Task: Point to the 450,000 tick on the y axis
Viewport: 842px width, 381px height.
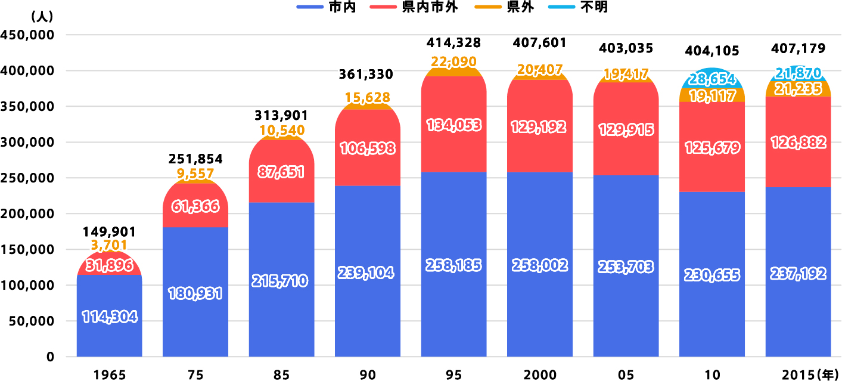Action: tap(29, 35)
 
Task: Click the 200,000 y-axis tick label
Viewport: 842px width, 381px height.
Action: tap(29, 213)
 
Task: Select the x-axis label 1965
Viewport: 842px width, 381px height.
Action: tap(110, 374)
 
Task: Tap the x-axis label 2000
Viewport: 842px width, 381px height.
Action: tap(540, 374)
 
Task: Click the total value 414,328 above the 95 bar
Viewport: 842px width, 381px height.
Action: tap(454, 42)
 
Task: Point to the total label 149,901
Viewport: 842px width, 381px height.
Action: tap(110, 231)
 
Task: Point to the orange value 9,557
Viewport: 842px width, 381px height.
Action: tap(195, 173)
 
